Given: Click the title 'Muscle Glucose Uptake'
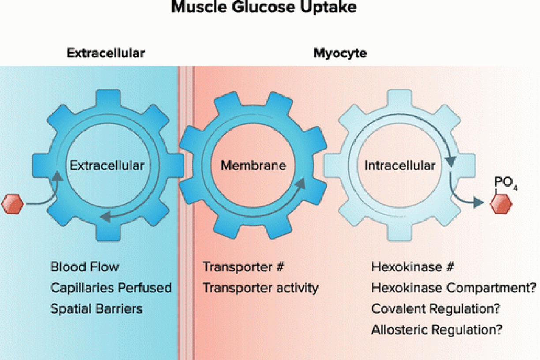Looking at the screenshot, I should [x=263, y=7].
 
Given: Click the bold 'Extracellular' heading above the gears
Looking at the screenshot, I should [x=106, y=53].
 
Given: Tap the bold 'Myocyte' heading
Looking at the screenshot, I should [x=340, y=53].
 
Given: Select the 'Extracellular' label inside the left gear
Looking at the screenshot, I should [x=107, y=166].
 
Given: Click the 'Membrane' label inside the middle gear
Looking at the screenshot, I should [x=253, y=166].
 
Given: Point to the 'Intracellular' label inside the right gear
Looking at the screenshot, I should [x=400, y=166].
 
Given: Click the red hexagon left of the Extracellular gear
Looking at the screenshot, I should [x=12, y=204].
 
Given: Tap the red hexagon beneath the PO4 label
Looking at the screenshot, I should [x=502, y=204].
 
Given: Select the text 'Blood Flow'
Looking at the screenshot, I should [x=85, y=267].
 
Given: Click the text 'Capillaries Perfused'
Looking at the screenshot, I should [x=111, y=288].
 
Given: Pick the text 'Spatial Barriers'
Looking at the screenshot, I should [x=97, y=309].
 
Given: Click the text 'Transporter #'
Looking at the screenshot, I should [x=242, y=267].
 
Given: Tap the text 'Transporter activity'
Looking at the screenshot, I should [x=261, y=288].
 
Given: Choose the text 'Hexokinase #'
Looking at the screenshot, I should [x=413, y=267].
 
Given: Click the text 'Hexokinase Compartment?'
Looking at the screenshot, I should [x=454, y=288].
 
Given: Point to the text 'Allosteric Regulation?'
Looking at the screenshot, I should [x=437, y=330].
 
